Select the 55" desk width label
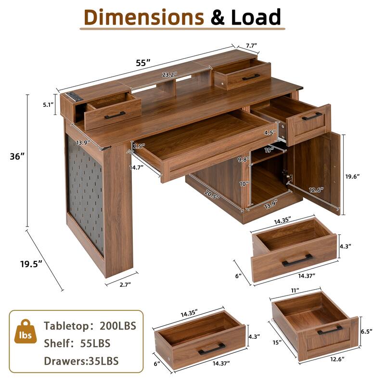click(142, 63)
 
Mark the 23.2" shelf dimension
click(169, 75)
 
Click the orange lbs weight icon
click(23, 334)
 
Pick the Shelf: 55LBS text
click(77, 343)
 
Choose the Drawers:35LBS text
click(81, 360)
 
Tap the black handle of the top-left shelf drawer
click(115, 115)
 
